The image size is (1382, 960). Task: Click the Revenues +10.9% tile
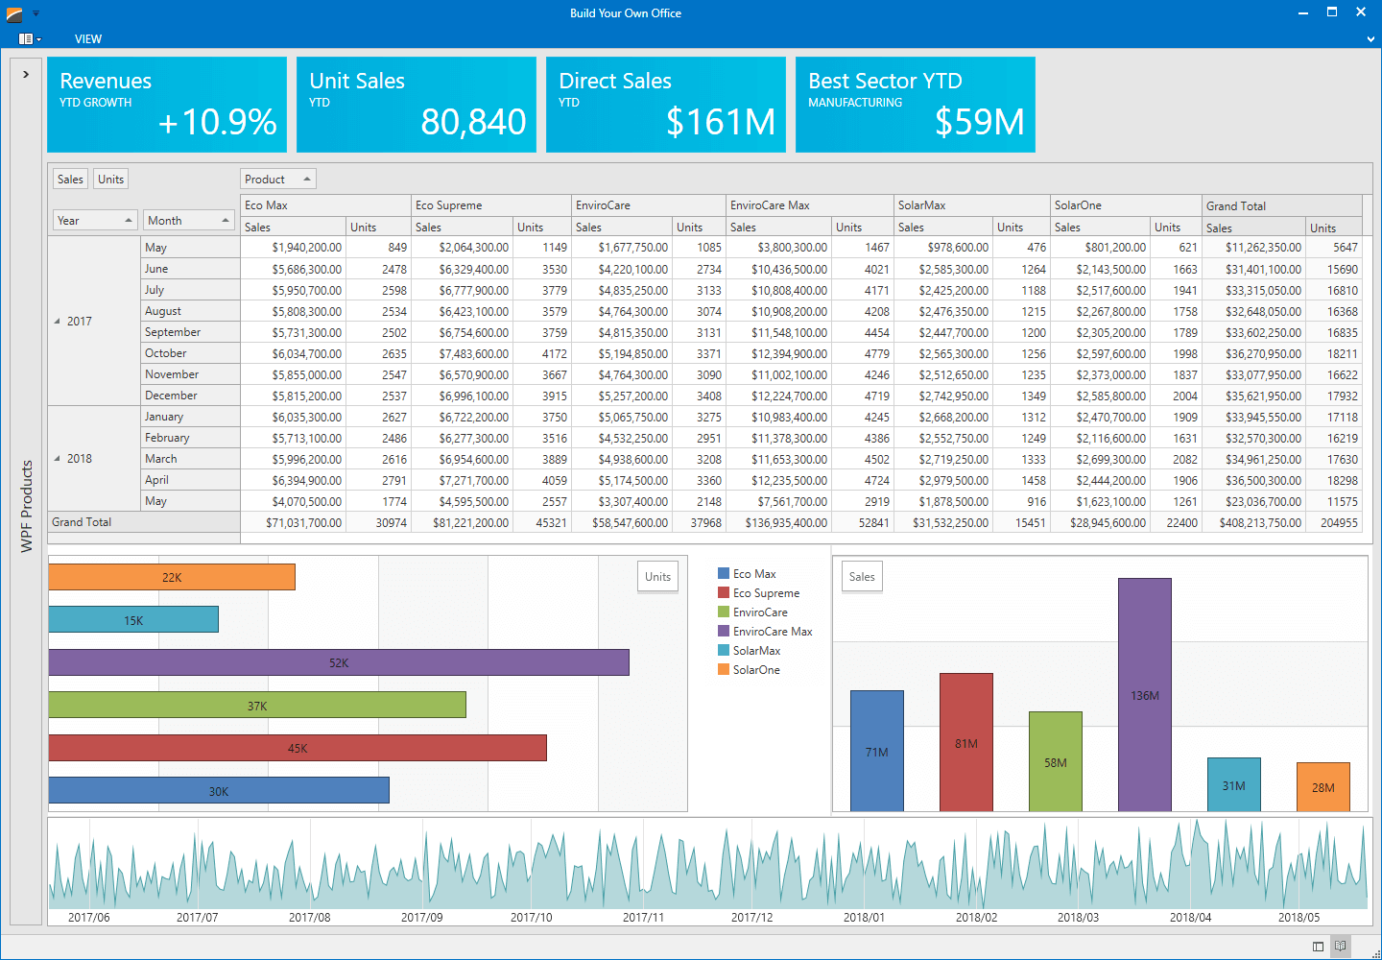[167, 105]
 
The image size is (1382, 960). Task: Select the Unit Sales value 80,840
[473, 122]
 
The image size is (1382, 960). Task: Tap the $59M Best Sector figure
[979, 122]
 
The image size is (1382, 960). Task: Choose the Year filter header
[95, 221]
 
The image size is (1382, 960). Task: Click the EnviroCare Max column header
[770, 205]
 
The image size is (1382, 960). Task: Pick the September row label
[173, 332]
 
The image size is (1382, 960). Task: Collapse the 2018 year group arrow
[57, 459]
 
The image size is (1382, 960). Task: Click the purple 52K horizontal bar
[339, 662]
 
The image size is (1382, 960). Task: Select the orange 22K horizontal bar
[172, 577]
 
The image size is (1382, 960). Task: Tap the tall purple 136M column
[1144, 695]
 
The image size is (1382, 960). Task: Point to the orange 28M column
[1322, 787]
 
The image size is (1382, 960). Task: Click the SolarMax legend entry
[756, 651]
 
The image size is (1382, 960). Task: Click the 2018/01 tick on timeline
[864, 917]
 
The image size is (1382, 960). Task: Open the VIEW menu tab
[88, 39]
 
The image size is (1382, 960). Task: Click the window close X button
[1360, 12]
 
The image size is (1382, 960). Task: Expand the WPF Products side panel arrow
[26, 74]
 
